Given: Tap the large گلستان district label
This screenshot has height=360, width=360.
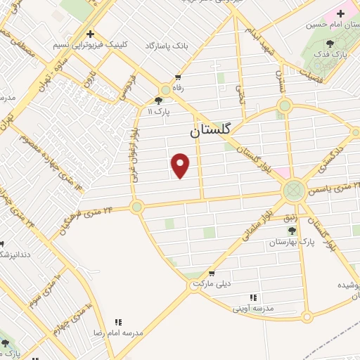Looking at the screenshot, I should [x=214, y=131].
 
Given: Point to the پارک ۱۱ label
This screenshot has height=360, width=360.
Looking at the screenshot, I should [x=160, y=112].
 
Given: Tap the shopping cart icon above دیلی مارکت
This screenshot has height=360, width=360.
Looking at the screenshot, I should [x=211, y=274].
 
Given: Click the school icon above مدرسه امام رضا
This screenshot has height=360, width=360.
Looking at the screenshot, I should [x=118, y=322].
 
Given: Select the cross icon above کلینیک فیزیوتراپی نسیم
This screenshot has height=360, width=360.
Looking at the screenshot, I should [x=90, y=34].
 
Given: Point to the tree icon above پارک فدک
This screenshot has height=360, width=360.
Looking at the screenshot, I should [x=330, y=45].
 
